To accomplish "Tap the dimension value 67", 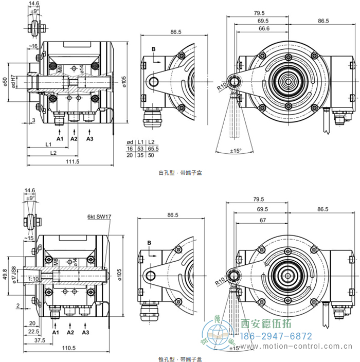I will coord(263,220).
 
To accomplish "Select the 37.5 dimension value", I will coord(33,340).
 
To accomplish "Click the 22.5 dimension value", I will coord(33,331).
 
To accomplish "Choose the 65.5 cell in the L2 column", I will coord(153,148).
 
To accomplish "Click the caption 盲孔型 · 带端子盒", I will coord(180,173).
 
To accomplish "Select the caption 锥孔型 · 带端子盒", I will coord(180,358).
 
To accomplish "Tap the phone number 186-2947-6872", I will coord(277,336).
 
